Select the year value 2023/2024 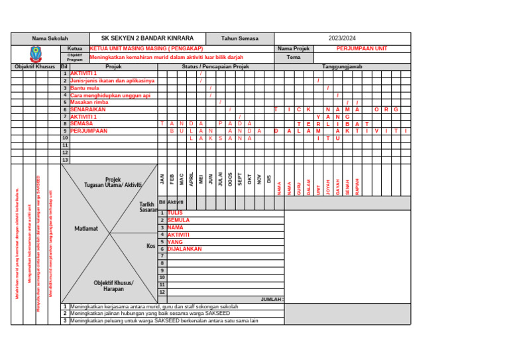[x=342, y=38]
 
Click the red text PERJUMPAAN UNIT [x=362, y=48]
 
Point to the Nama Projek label [x=294, y=48]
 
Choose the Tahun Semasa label [x=240, y=38]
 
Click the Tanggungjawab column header [x=341, y=67]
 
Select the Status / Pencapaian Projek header [x=215, y=67]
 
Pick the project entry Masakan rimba [x=89, y=102]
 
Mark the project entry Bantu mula [x=85, y=88]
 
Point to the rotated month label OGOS [x=230, y=178]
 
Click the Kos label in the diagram [x=150, y=246]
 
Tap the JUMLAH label [x=272, y=300]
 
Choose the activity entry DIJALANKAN [x=184, y=249]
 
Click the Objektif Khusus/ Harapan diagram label [x=113, y=286]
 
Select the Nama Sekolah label [x=50, y=39]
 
